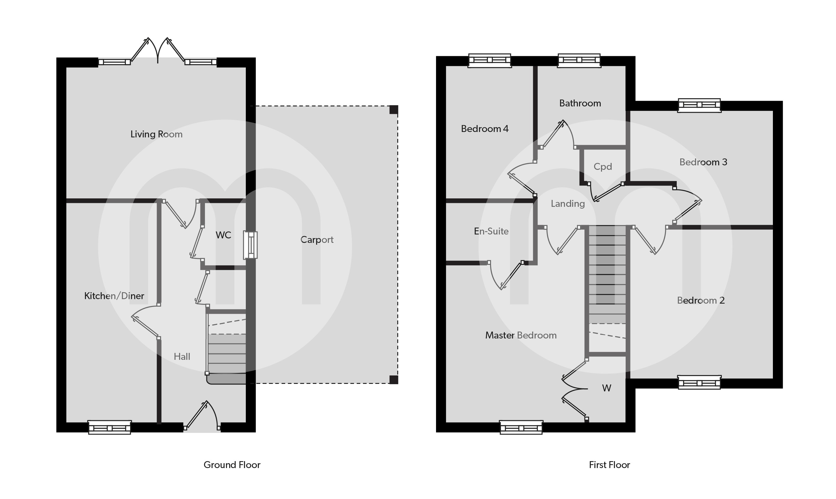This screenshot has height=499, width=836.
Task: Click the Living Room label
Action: pyautogui.click(x=156, y=134)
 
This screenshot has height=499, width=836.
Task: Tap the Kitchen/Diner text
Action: pyautogui.click(x=114, y=296)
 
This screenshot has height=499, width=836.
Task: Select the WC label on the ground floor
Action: pyautogui.click(x=223, y=235)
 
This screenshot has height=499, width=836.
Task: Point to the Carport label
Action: pyautogui.click(x=317, y=240)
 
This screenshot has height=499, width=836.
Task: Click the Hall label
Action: pyautogui.click(x=182, y=357)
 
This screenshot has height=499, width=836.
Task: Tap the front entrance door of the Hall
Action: pyautogui.click(x=202, y=417)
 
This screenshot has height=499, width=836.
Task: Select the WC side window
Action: pyautogui.click(x=250, y=245)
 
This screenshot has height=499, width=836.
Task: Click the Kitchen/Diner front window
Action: pyautogui.click(x=110, y=427)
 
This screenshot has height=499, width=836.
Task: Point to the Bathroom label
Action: pyautogui.click(x=580, y=103)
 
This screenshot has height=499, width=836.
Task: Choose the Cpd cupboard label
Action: pyautogui.click(x=603, y=167)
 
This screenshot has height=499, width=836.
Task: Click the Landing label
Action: pyautogui.click(x=567, y=204)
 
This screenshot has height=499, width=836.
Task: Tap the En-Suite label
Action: pyautogui.click(x=491, y=231)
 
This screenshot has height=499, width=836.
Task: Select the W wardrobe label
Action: pyautogui.click(x=606, y=388)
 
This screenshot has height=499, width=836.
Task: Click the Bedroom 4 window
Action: pyautogui.click(x=490, y=60)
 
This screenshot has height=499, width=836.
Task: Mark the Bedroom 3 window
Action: pyautogui.click(x=699, y=105)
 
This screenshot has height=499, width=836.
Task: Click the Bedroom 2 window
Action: pyautogui.click(x=699, y=382)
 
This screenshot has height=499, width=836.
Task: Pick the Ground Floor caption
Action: pyautogui.click(x=232, y=465)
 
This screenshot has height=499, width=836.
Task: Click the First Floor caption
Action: pyautogui.click(x=609, y=465)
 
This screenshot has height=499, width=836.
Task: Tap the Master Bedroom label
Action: pyautogui.click(x=521, y=335)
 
